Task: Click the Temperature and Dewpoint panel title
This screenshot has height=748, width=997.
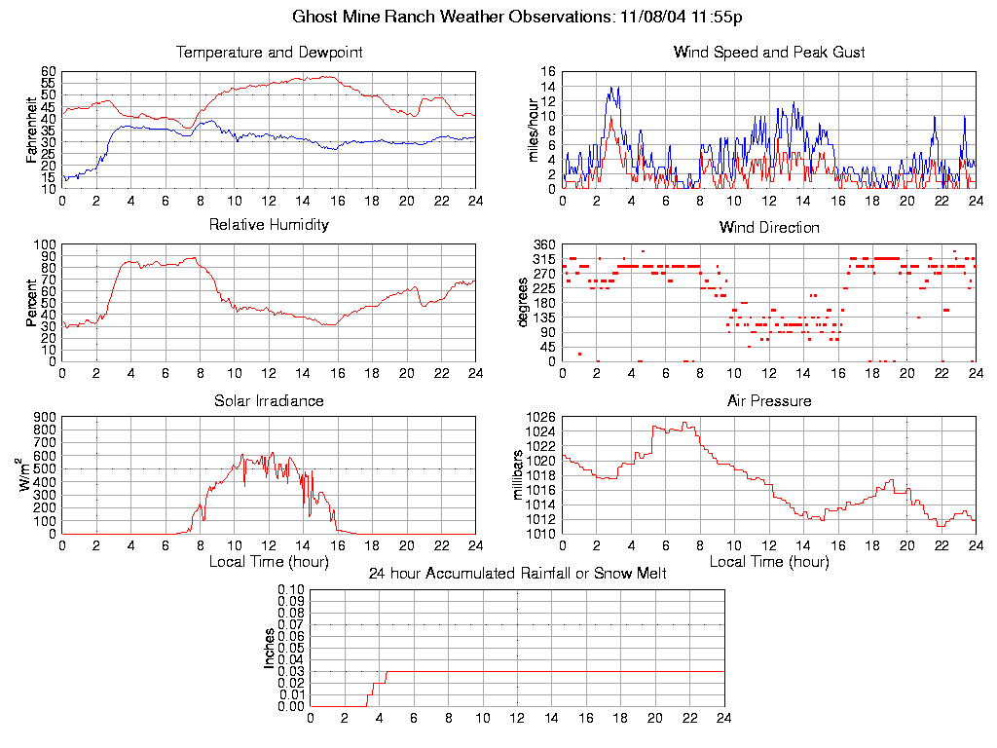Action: tap(269, 52)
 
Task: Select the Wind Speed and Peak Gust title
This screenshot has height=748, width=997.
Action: tap(769, 52)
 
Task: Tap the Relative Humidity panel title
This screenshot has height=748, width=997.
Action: tap(269, 225)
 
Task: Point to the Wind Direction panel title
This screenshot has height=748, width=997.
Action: tap(769, 227)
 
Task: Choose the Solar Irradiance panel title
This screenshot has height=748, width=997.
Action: tap(269, 400)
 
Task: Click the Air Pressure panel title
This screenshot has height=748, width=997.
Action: tap(769, 400)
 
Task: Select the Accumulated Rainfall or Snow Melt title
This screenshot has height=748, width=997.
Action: tap(517, 574)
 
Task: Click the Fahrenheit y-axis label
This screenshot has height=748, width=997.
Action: tap(32, 130)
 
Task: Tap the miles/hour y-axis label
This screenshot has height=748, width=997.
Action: tap(533, 130)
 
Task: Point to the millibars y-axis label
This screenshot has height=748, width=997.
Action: tap(519, 475)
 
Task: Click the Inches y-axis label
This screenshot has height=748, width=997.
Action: tap(270, 648)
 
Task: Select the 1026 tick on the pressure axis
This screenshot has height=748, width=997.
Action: tap(541, 417)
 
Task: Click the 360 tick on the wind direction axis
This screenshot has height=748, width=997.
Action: tap(545, 244)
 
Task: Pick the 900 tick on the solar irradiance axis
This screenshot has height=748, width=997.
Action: tap(46, 417)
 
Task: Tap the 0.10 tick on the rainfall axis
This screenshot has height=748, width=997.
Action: tap(291, 589)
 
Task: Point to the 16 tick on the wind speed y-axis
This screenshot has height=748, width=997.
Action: tap(548, 71)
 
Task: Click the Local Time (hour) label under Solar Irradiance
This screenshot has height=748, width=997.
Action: tap(269, 561)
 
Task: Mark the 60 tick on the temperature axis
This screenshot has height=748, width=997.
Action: tap(49, 71)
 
